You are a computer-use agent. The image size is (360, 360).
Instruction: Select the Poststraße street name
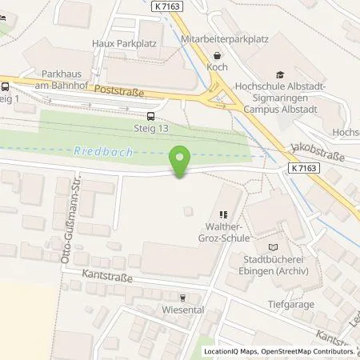pos(118,92)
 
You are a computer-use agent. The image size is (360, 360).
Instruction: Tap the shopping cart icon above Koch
pos(217,55)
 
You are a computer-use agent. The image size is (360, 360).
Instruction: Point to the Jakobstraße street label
pos(318,153)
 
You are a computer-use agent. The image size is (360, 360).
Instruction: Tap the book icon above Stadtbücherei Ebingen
pos(272,248)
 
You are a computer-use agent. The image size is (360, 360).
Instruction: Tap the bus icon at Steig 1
pos(6,87)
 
